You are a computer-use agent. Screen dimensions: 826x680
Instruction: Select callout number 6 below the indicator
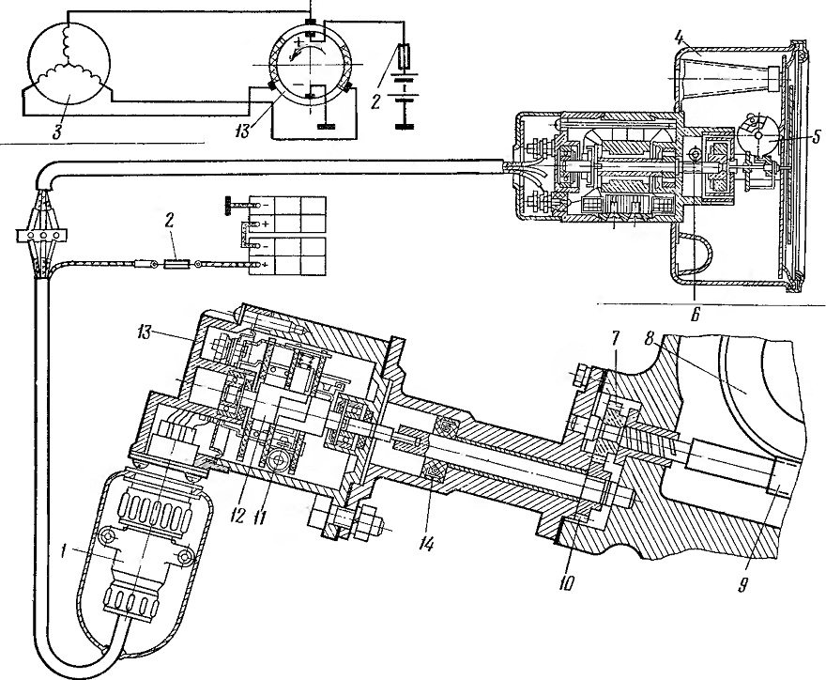[695, 316]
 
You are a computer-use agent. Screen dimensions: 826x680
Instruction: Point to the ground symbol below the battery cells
[405, 126]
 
